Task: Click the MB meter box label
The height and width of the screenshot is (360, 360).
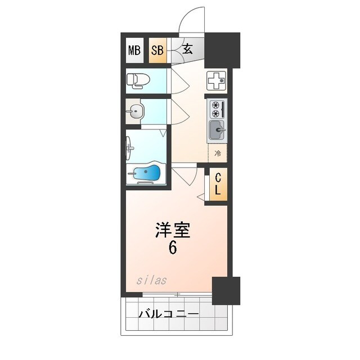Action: pos(134,50)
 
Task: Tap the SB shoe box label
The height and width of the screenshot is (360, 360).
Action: pos(157,50)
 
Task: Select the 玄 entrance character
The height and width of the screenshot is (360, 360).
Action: pos(187,49)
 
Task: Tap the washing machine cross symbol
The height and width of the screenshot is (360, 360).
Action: pos(217,82)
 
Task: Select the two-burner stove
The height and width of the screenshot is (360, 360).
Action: pos(217,109)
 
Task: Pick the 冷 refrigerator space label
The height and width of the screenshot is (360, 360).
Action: pos(217,151)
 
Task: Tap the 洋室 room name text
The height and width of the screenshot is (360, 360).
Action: pos(173,230)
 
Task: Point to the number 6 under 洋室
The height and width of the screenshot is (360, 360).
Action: pos(173,247)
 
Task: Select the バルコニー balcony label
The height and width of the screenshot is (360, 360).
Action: pos(168,314)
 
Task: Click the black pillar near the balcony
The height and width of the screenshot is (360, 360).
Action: pos(226,290)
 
